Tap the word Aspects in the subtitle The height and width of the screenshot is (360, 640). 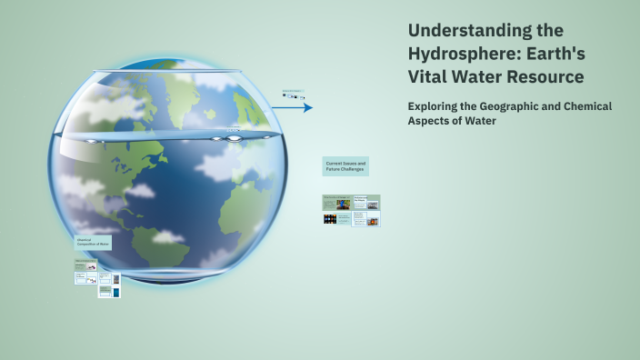430,121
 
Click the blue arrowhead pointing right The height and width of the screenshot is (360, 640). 308,107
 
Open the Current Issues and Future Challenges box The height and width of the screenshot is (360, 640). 345,166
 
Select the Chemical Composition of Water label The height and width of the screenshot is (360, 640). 93,243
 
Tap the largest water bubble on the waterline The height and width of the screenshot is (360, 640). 235,137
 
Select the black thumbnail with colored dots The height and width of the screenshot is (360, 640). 329,219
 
